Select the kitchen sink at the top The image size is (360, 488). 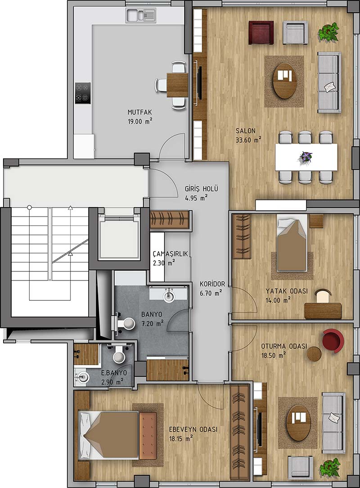tap(141, 16)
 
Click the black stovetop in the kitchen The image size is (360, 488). tap(83, 93)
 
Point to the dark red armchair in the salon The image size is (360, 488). tap(261, 32)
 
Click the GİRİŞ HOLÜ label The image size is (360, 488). tap(202, 189)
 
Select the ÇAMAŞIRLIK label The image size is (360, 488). tap(171, 254)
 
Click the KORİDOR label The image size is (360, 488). tap(212, 284)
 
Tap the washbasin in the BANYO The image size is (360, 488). tap(169, 294)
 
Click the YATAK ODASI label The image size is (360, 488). tap(287, 291)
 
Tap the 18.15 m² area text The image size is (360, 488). tap(181, 438)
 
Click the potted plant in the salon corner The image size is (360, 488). tap(328, 31)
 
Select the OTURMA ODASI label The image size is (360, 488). tap(284, 346)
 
